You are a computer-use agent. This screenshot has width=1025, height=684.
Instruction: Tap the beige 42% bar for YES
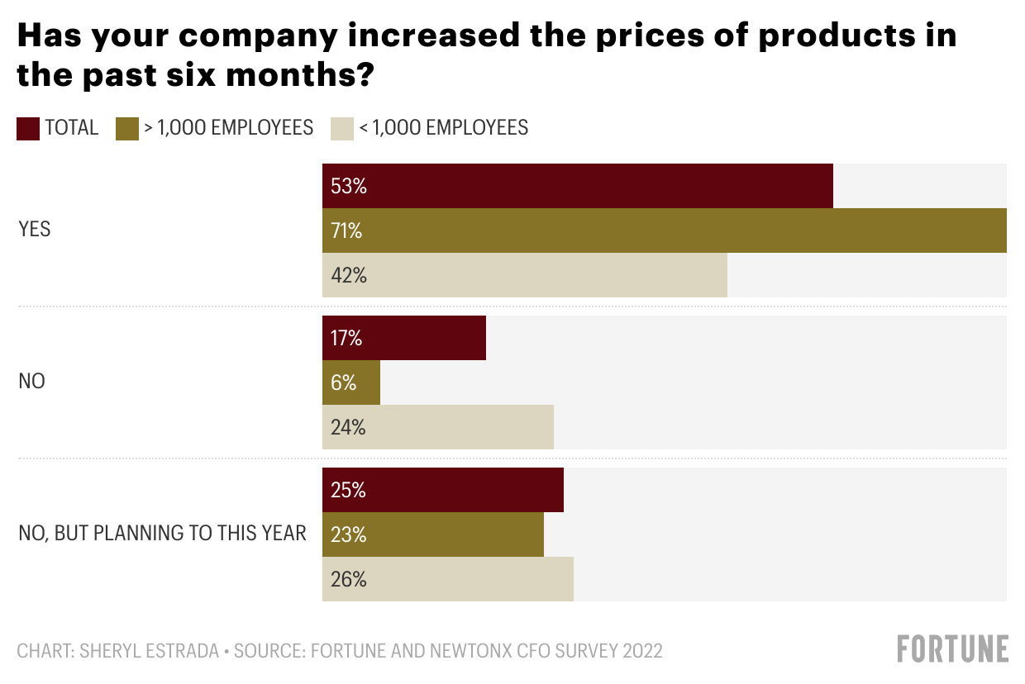(524, 275)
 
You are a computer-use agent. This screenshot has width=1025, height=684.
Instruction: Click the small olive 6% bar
(351, 382)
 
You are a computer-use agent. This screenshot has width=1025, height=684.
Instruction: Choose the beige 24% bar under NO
(437, 427)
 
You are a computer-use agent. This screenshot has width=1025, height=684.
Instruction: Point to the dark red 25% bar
(442, 490)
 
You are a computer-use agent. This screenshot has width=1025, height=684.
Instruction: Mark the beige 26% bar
(447, 579)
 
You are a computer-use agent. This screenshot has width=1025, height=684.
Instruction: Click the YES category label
(35, 230)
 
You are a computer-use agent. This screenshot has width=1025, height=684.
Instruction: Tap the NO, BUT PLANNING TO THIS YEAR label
(162, 534)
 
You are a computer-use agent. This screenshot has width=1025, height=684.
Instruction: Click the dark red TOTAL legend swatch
(28, 128)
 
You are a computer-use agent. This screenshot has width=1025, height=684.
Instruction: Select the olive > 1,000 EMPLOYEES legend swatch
(126, 128)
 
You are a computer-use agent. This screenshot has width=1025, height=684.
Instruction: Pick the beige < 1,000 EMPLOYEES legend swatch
(342, 128)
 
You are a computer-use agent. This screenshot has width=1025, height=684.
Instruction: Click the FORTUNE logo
(953, 649)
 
